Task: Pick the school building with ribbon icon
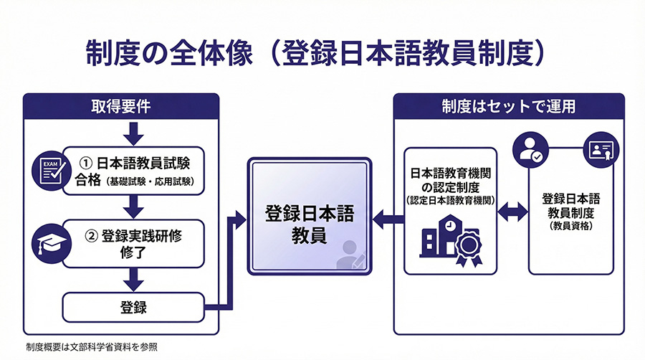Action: [452, 241]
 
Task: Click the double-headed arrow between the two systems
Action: [513, 211]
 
